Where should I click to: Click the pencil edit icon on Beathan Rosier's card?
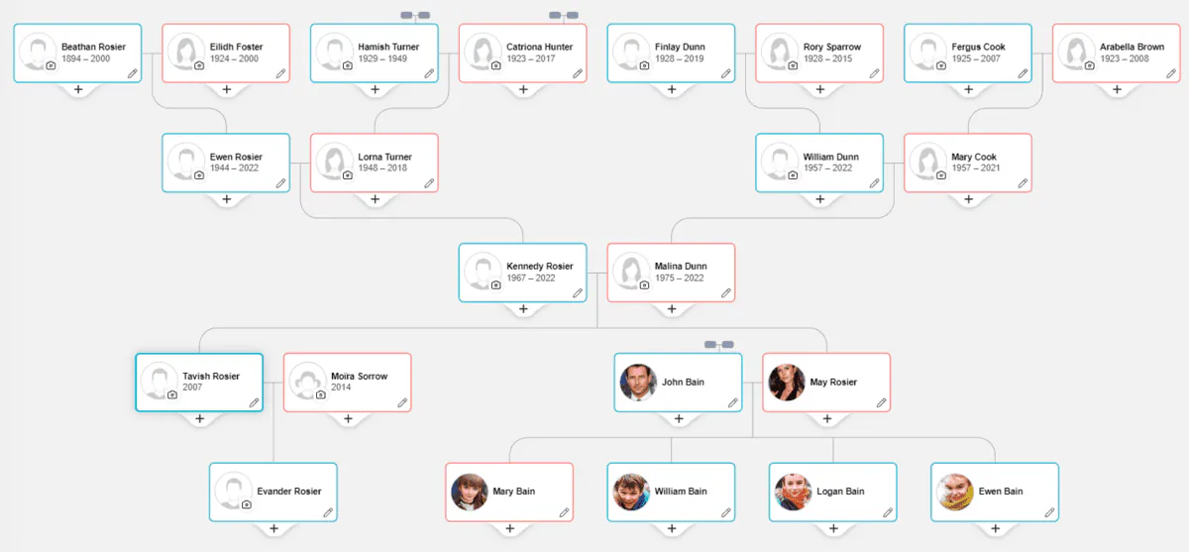click(x=132, y=73)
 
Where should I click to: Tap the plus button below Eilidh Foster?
click(x=227, y=90)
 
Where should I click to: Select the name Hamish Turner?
click(x=388, y=47)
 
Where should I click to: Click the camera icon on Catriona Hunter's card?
click(x=495, y=65)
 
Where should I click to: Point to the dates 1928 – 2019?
click(x=679, y=58)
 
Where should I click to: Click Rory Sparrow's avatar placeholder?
click(x=780, y=52)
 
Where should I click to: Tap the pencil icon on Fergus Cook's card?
click(x=1023, y=73)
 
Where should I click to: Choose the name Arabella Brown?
click(x=1132, y=47)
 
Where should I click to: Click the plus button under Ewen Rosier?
click(x=227, y=199)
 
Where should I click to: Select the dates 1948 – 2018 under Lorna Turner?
click(x=382, y=167)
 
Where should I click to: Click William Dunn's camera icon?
click(x=793, y=175)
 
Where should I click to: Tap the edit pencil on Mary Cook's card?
click(x=1023, y=183)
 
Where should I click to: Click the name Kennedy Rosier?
click(x=539, y=266)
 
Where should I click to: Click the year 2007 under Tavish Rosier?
click(x=192, y=386)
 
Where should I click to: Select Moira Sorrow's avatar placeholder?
click(x=307, y=382)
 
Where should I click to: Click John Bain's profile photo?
click(x=638, y=383)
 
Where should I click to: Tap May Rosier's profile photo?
click(x=787, y=383)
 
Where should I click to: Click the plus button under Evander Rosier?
click(x=273, y=528)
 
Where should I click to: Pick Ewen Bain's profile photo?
click(x=955, y=492)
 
